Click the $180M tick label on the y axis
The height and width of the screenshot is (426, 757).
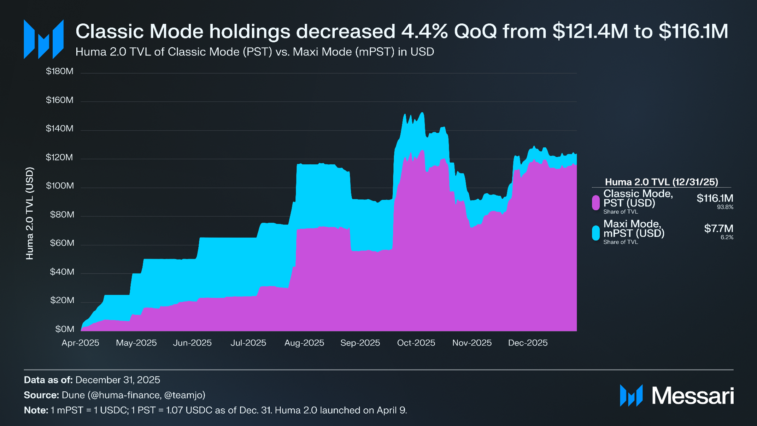[59, 71]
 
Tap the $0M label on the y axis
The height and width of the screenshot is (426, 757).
[65, 329]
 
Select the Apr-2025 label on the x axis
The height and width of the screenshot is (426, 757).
[80, 343]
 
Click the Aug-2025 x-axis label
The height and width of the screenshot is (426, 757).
[304, 343]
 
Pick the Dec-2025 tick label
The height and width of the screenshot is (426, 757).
[528, 343]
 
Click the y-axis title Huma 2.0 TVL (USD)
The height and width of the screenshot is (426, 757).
[30, 214]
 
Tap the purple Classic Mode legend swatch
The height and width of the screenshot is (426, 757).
[596, 203]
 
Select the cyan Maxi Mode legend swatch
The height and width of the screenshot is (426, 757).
[596, 233]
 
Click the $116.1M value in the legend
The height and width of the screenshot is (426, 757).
[715, 198]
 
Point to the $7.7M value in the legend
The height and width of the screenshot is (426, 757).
[718, 229]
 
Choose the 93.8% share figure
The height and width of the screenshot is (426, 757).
[725, 207]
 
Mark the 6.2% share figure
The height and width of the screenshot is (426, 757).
[727, 238]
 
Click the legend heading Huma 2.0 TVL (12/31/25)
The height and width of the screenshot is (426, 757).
[661, 182]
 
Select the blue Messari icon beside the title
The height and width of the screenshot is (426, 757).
[43, 39]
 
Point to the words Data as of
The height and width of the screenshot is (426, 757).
[48, 380]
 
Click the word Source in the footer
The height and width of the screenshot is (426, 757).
[41, 395]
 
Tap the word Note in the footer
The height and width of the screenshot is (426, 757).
[36, 410]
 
